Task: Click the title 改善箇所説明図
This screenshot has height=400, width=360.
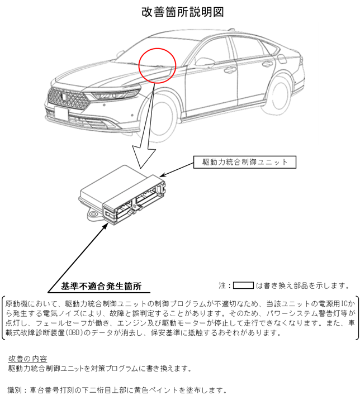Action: (179, 12)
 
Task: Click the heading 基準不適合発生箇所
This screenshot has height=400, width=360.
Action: (101, 286)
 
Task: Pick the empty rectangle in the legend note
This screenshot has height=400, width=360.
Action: (244, 285)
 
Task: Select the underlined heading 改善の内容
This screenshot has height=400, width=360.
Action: (27, 358)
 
